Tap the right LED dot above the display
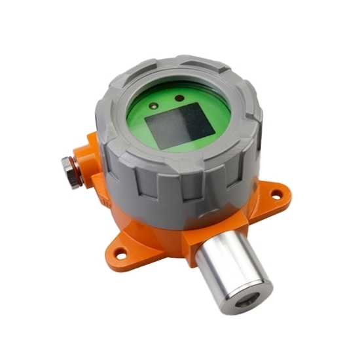179,99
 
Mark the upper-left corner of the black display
145,115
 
